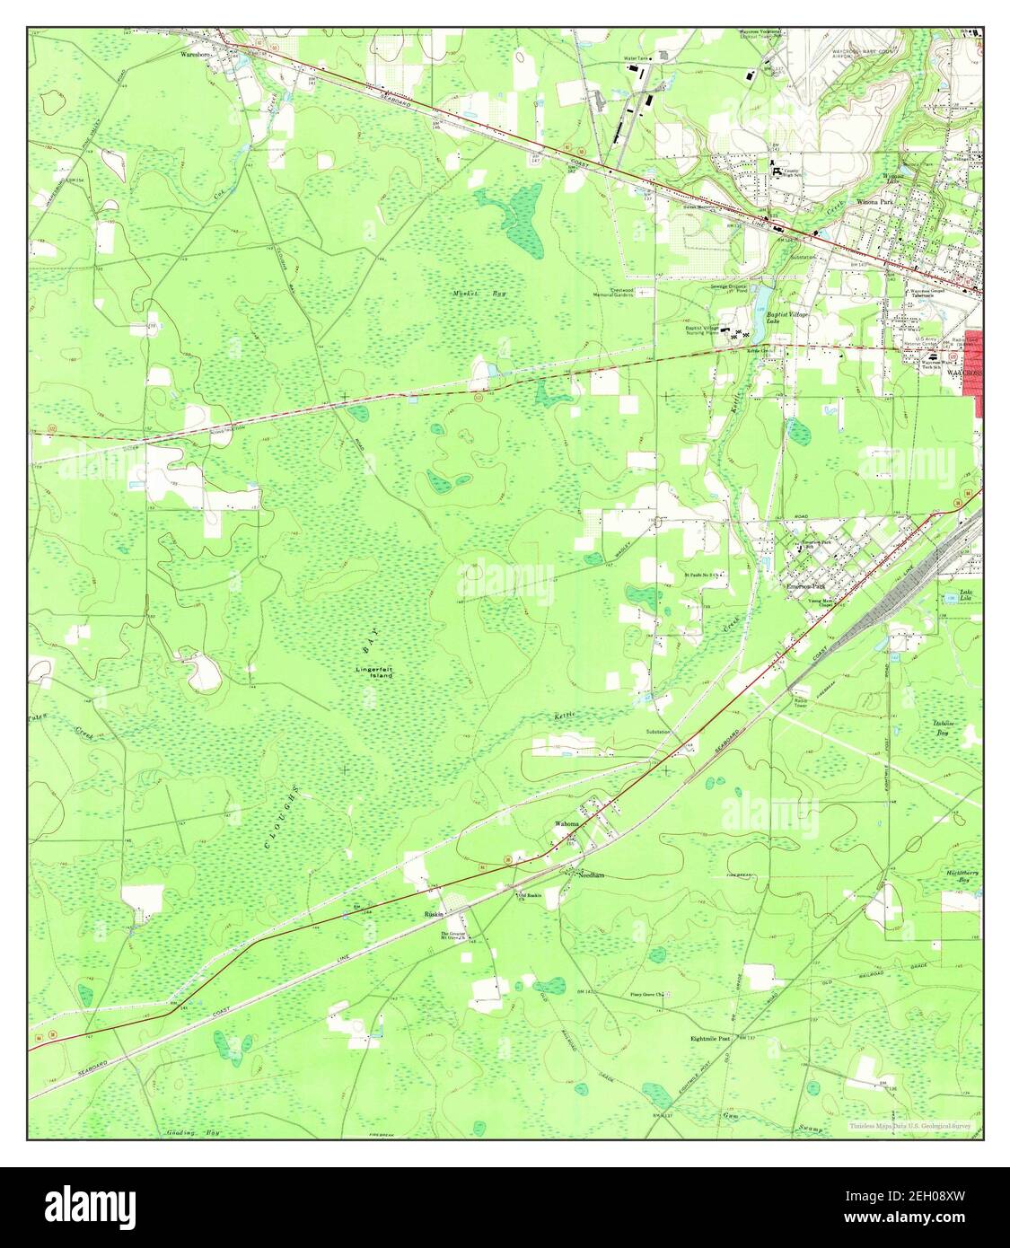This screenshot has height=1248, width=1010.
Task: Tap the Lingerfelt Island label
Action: tap(374, 672)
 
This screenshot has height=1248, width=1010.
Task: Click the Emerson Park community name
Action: tap(806, 587)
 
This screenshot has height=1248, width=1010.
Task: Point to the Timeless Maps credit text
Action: tap(910, 1124)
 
